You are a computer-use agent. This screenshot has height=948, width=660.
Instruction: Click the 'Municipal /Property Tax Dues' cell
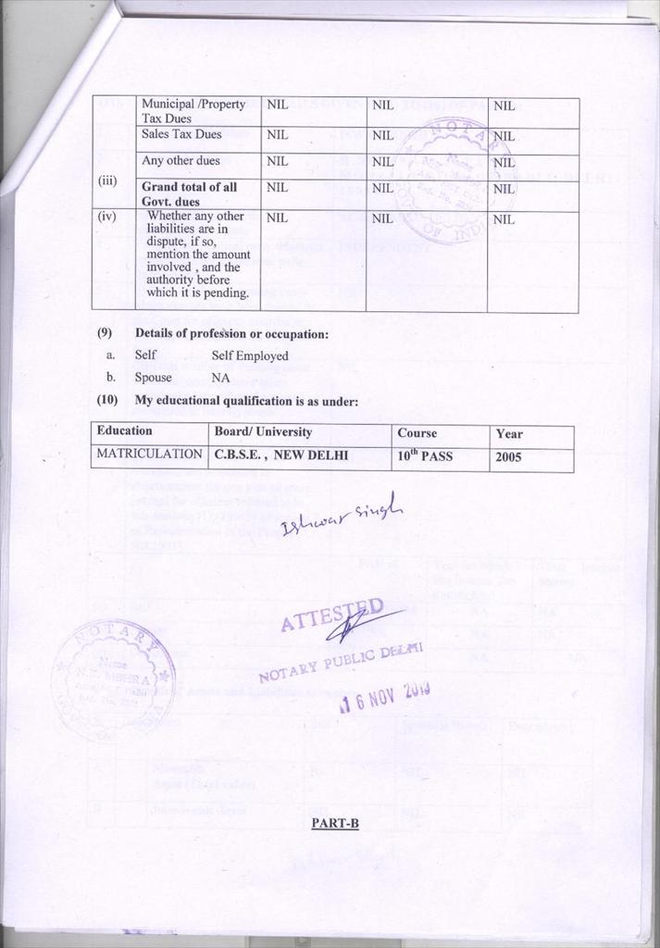click(193, 111)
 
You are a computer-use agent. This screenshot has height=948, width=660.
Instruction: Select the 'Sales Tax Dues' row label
click(181, 135)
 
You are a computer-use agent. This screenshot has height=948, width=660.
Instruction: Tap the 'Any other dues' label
click(181, 161)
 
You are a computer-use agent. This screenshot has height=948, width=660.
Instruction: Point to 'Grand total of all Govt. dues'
click(189, 193)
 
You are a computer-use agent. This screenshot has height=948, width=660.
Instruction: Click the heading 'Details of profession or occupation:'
click(231, 333)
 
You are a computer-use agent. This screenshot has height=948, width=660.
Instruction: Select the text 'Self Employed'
click(250, 355)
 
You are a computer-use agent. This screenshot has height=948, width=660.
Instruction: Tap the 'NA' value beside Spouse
click(220, 378)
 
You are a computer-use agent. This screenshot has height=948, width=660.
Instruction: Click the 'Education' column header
click(124, 431)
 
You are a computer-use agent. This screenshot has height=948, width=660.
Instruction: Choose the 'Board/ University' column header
click(263, 432)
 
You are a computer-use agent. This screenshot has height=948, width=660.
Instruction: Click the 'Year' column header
click(508, 433)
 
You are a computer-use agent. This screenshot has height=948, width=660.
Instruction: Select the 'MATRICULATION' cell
click(149, 455)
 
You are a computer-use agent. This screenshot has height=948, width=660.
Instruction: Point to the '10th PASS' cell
click(425, 455)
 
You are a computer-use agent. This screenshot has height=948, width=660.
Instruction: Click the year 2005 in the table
click(508, 456)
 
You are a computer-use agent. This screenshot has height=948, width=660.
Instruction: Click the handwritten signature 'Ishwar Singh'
click(343, 514)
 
